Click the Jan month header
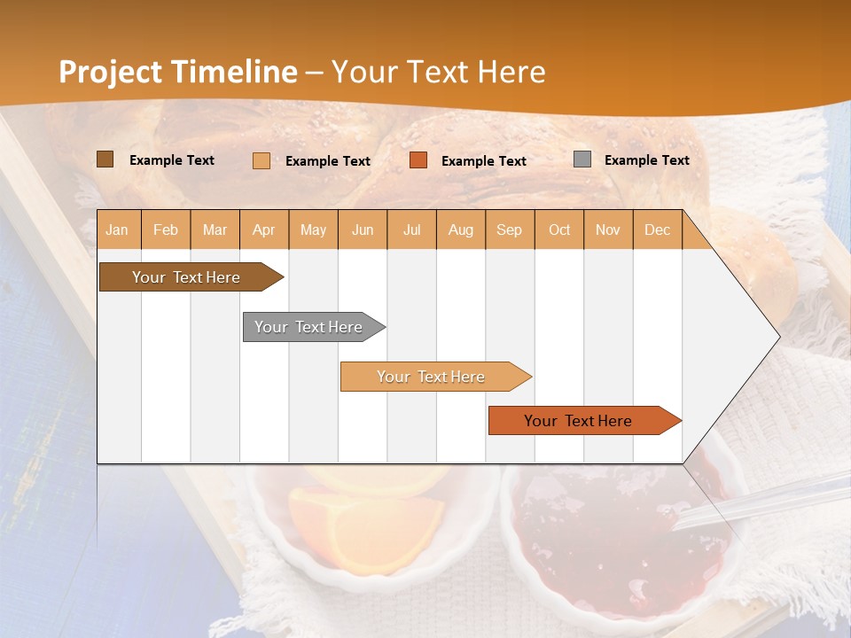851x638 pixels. pyautogui.click(x=118, y=230)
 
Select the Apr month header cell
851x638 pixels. pyautogui.click(x=264, y=230)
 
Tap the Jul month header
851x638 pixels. pyautogui.click(x=411, y=230)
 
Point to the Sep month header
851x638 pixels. pyautogui.click(x=509, y=230)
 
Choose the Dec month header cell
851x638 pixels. pyautogui.click(x=657, y=230)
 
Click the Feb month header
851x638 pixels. pyautogui.click(x=166, y=230)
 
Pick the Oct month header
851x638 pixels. pyautogui.click(x=559, y=230)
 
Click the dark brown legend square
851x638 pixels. pyautogui.click(x=105, y=159)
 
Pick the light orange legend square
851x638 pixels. pyautogui.click(x=261, y=160)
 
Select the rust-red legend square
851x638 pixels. pyautogui.click(x=418, y=160)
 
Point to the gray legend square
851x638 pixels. pyautogui.click(x=582, y=159)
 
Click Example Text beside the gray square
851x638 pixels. pyautogui.click(x=646, y=160)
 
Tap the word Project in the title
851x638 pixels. pyautogui.click(x=110, y=72)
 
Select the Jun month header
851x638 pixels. pyautogui.click(x=363, y=230)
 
